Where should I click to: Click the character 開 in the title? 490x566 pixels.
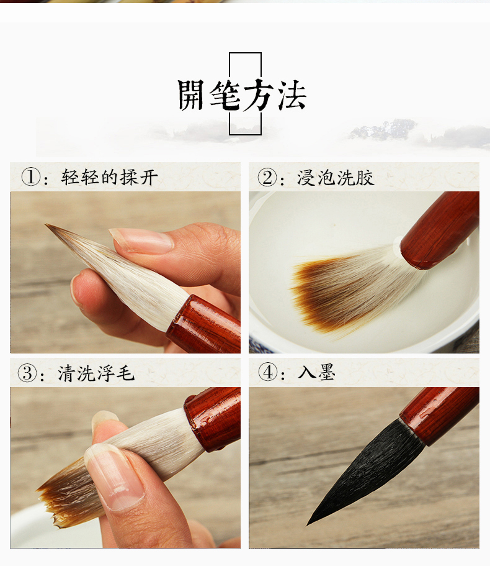pos(191,95)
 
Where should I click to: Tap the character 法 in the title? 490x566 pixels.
pos(292,94)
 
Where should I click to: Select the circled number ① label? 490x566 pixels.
pos(30,177)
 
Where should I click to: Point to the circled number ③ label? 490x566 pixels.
pos(27,373)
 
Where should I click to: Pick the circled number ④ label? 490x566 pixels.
pos(267,372)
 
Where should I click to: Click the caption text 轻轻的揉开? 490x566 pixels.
pos(110,177)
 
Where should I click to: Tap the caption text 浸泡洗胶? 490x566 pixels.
pos(336,178)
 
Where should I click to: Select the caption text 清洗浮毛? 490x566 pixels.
pos(96,373)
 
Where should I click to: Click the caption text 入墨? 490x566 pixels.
pos(317,372)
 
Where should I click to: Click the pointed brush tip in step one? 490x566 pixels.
pos(46,224)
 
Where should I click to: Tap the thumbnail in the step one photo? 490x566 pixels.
pos(142,240)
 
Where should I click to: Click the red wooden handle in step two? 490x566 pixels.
pos(440,231)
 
